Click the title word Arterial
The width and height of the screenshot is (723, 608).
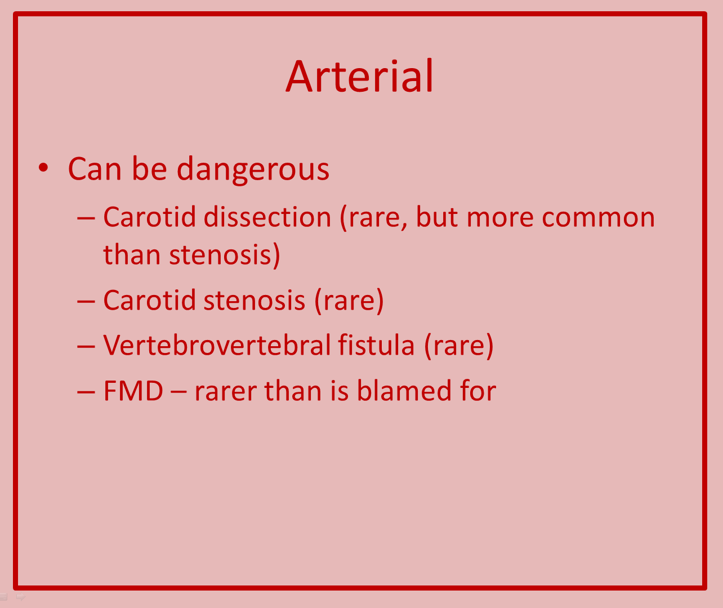click(x=359, y=76)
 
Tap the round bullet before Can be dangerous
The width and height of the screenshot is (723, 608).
click(x=43, y=168)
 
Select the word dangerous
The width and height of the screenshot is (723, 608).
click(x=253, y=169)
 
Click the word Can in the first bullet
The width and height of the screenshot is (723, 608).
click(x=95, y=169)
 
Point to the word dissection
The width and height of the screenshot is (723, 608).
click(x=267, y=217)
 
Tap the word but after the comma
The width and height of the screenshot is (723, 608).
click(x=437, y=217)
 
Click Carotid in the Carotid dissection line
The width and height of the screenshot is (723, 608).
click(x=150, y=217)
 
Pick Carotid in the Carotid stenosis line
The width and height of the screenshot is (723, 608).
click(x=150, y=300)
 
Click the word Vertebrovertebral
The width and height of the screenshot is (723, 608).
click(x=217, y=345)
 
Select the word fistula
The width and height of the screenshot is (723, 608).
click(x=376, y=345)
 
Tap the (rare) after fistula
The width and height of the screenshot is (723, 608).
click(x=459, y=346)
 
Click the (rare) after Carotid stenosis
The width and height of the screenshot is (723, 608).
click(x=349, y=301)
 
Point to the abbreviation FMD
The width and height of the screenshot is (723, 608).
click(x=133, y=391)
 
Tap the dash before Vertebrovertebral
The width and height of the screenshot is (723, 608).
click(x=86, y=347)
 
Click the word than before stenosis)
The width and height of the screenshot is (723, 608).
click(x=132, y=254)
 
